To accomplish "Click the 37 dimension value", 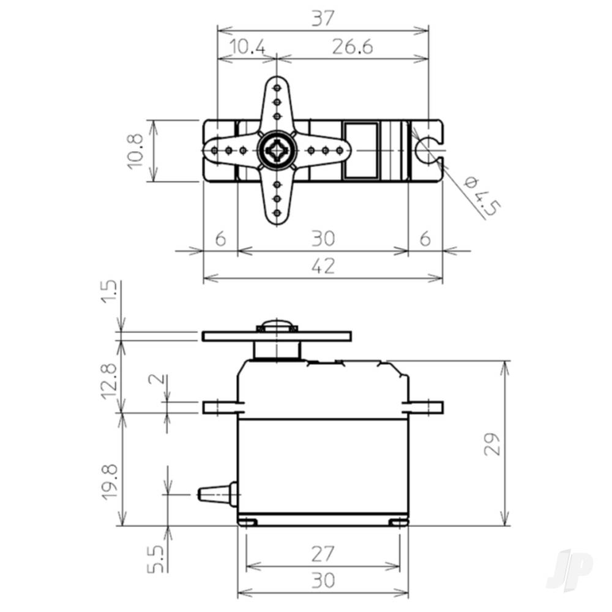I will click(323, 19).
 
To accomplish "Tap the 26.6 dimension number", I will click(353, 47).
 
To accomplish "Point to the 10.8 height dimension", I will click(135, 151).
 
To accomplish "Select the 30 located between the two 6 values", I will click(323, 239).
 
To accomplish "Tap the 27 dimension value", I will click(323, 554).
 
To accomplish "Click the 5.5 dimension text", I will click(155, 559).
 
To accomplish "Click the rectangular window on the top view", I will click(361, 151).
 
